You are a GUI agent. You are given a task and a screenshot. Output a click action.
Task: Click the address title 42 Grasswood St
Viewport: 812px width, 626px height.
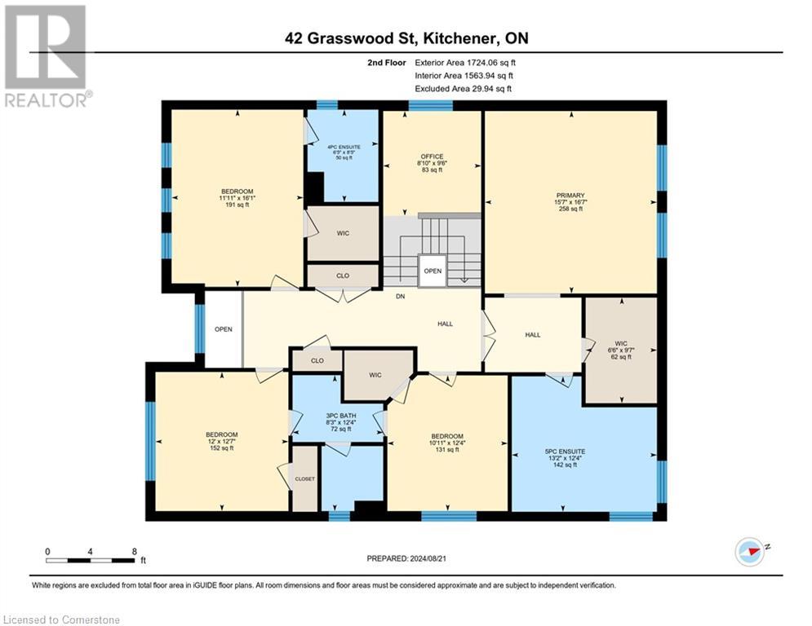[406, 37]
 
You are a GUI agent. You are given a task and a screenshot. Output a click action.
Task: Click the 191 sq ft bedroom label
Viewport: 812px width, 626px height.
[237, 198]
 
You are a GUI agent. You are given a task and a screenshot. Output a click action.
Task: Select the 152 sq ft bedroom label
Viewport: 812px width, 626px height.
[221, 441]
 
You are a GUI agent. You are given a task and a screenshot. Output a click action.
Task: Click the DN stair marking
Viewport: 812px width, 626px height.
[400, 297]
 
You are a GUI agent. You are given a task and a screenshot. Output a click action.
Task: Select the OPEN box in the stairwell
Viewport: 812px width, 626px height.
[433, 271]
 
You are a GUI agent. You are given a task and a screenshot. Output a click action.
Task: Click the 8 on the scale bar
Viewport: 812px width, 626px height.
[134, 551]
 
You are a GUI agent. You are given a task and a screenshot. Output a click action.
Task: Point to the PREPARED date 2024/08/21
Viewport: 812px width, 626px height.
[406, 558]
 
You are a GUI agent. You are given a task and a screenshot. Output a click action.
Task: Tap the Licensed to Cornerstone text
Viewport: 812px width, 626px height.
[61, 619]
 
